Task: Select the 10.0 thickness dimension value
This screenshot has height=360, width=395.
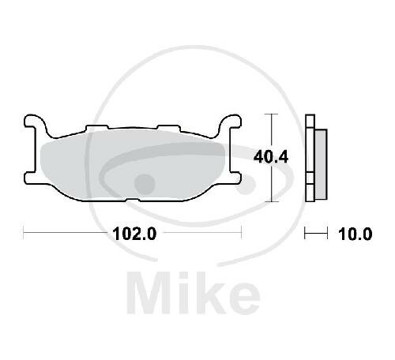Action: click(355, 234)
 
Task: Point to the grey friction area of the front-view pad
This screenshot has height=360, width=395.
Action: click(130, 163)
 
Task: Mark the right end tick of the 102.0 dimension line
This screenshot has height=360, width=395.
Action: click(239, 233)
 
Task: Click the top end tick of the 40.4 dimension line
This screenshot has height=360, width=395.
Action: click(272, 115)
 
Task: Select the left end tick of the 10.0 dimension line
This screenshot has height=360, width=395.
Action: click(307, 233)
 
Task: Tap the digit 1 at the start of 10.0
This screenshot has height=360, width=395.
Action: click(341, 234)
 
